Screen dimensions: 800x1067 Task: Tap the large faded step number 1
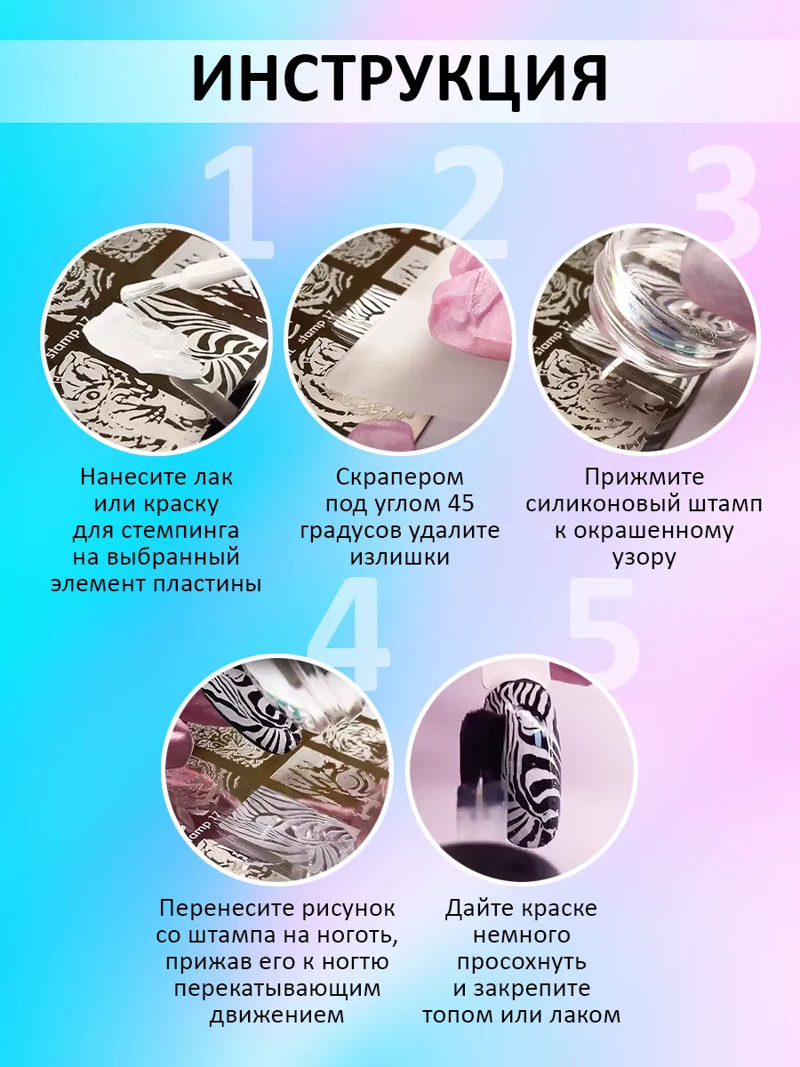click(238, 202)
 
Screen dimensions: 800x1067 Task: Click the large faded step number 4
click(348, 633)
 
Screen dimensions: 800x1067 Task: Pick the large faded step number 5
click(603, 633)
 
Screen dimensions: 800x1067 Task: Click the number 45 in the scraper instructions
click(460, 503)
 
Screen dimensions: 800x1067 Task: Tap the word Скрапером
click(400, 478)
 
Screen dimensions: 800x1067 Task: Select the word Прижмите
click(644, 478)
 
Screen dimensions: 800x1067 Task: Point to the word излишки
click(400, 558)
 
